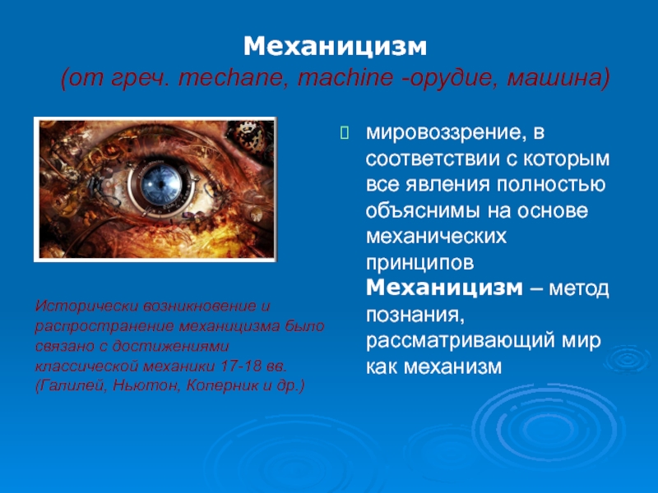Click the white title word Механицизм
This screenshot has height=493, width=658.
[x=335, y=47]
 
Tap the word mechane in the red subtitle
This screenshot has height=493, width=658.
[x=231, y=77]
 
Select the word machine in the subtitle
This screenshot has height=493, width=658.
[x=345, y=77]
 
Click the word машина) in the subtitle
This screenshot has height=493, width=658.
[x=558, y=78]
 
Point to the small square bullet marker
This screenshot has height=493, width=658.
[x=344, y=133]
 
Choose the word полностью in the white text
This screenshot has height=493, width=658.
[x=551, y=184]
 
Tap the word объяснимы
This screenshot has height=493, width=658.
[x=423, y=211]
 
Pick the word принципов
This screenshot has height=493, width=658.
[x=420, y=264]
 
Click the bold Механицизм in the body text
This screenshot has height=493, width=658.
[x=444, y=288]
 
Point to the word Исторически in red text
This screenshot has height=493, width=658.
[x=87, y=306]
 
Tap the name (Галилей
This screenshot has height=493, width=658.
[x=71, y=386]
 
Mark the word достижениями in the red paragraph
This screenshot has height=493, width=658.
[x=170, y=347]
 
